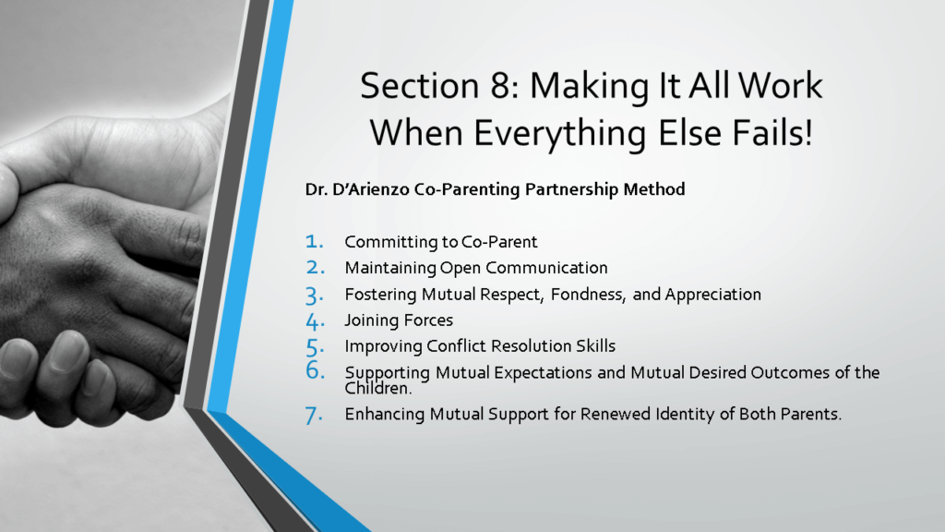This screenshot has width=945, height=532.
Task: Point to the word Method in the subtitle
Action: pyautogui.click(x=654, y=189)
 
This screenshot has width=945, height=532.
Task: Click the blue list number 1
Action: pyautogui.click(x=314, y=242)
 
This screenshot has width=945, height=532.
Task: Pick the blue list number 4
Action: pyautogui.click(x=315, y=321)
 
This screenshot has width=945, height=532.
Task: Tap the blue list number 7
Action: pyautogui.click(x=314, y=416)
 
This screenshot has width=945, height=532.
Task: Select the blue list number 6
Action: pyautogui.click(x=315, y=369)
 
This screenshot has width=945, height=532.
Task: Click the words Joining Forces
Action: pyautogui.click(x=399, y=320)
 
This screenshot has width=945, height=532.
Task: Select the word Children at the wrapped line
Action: pyautogui.click(x=378, y=389)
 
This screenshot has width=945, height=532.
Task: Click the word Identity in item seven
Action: pyautogui.click(x=685, y=415)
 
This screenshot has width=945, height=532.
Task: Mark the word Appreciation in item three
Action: pyautogui.click(x=713, y=295)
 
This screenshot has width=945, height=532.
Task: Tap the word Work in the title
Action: pyautogui.click(x=780, y=86)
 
